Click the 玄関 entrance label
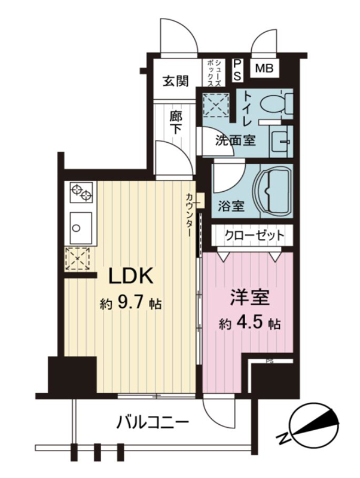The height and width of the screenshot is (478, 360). [175, 81]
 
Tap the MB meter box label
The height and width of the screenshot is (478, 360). [264, 68]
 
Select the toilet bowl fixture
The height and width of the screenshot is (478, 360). [276, 103]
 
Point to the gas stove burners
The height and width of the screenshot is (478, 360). [81, 192]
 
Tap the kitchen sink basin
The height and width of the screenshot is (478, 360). [81, 228]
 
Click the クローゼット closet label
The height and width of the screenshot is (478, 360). [254, 235]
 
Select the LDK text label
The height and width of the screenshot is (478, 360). [130, 276]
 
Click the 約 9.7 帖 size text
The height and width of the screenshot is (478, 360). [130, 304]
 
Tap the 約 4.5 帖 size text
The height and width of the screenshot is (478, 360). [249, 324]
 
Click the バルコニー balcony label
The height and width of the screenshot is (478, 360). [153, 422]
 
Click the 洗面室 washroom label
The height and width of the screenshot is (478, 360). [235, 140]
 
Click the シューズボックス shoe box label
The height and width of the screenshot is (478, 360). [214, 73]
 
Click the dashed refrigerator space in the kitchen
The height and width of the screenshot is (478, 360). [78, 259]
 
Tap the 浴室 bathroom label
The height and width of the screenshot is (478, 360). [231, 206]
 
